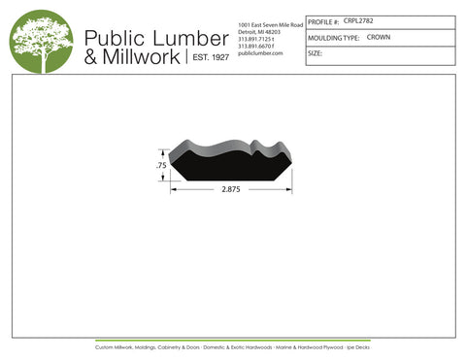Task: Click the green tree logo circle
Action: [42, 42]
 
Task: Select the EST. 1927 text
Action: [208, 58]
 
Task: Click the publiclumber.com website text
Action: [260, 53]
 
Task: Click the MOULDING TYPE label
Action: [333, 38]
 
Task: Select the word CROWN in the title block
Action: [379, 37]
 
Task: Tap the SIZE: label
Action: [315, 53]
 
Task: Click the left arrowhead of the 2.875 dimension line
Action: [175, 189]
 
